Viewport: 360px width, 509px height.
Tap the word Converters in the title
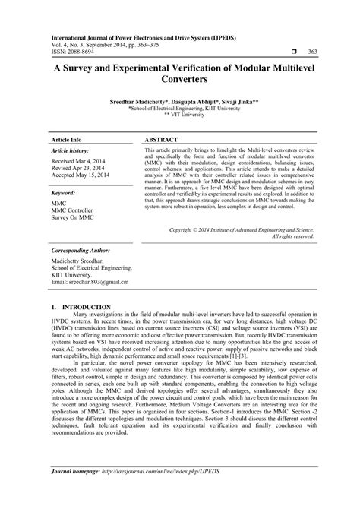coord(180,78)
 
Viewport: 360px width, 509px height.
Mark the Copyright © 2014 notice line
coord(241,228)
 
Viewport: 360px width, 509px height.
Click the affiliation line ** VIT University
coord(180,115)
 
